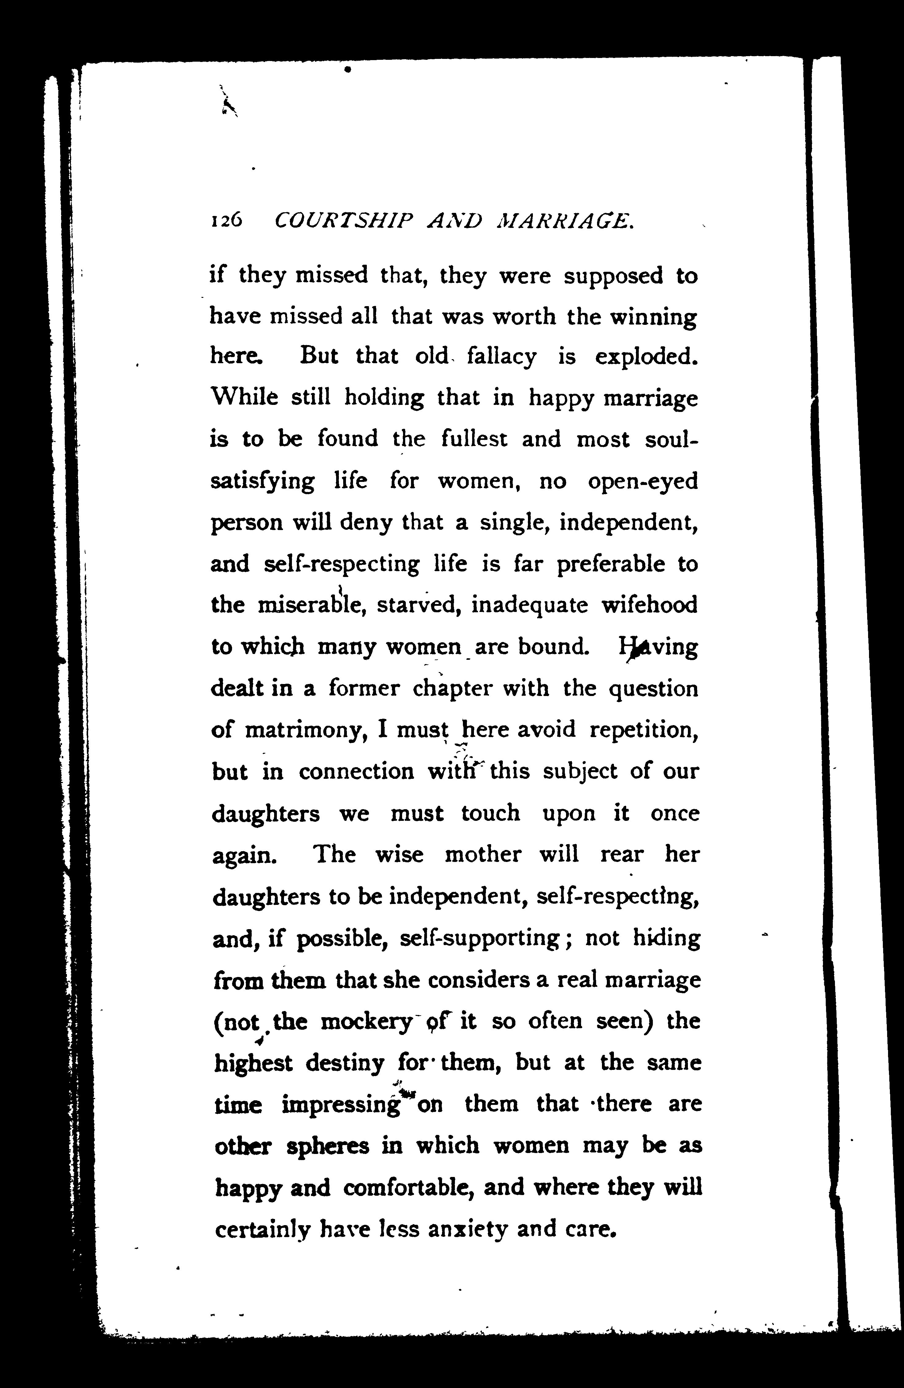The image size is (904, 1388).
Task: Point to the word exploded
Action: coord(646,356)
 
